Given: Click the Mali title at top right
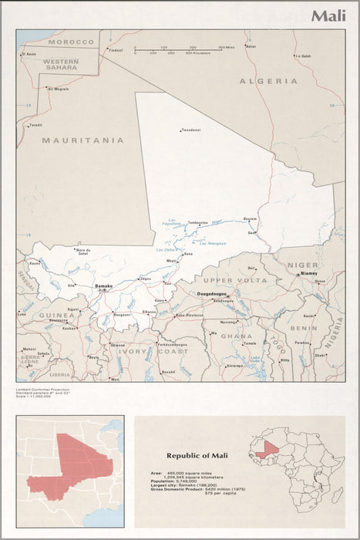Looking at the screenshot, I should [x=328, y=15].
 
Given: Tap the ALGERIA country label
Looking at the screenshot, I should [x=267, y=81].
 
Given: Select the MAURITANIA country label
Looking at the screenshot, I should [x=82, y=140].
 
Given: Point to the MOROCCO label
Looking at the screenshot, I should [x=71, y=42].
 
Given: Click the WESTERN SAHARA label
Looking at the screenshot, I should [x=60, y=64].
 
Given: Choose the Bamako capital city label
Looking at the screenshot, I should [x=103, y=285].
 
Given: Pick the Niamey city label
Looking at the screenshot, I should [x=308, y=273].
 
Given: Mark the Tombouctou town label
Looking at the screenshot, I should [x=198, y=223].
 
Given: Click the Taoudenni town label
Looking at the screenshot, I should [x=190, y=130].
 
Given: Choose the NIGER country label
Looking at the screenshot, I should [x=302, y=265].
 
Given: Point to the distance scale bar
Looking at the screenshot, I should [x=178, y=50].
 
